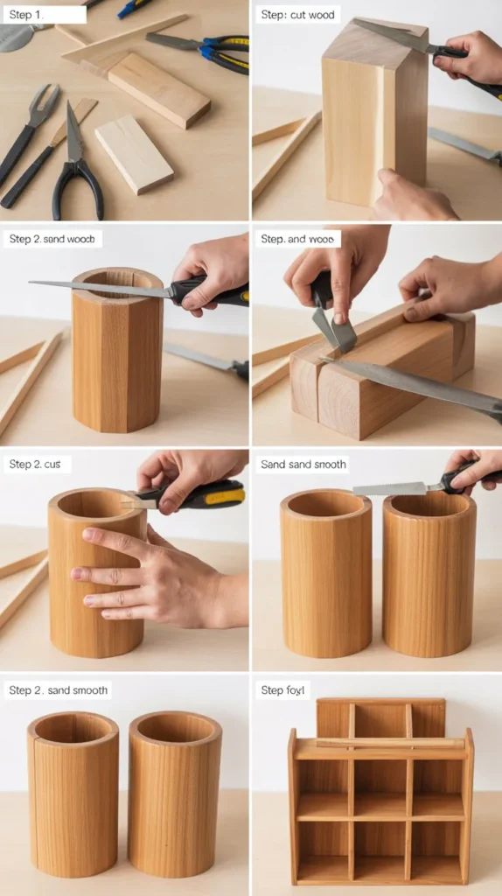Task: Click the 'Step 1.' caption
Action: tap(25, 14)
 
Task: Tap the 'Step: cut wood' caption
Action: tap(297, 15)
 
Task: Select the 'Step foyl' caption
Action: tap(284, 690)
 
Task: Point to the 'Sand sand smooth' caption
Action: tap(303, 465)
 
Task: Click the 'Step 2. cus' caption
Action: tap(34, 465)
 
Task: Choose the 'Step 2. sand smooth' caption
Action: tap(58, 690)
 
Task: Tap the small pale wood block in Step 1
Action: tap(133, 153)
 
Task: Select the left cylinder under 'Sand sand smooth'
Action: tap(325, 573)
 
